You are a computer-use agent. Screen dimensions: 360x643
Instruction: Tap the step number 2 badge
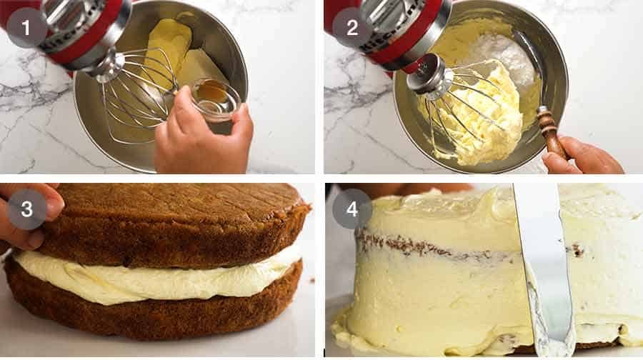352,28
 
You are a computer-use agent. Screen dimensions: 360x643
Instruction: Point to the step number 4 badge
352,209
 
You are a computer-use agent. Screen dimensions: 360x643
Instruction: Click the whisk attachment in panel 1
139,89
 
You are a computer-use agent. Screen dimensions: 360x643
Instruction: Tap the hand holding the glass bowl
204,139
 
